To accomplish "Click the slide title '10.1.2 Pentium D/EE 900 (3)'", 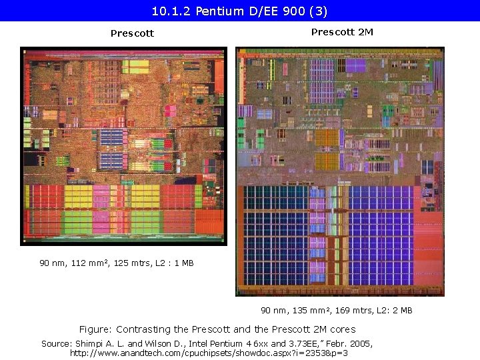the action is (239, 11).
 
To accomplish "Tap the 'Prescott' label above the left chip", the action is (132, 33).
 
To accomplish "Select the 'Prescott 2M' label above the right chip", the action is (342, 32).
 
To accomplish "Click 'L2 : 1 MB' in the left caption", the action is (173, 263).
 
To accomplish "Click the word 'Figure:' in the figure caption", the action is (96, 329).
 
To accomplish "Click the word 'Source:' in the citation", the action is (57, 343).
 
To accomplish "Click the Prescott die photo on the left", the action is (124, 145).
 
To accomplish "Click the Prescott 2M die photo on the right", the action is (339, 171).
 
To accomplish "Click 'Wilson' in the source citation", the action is (153, 343).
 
